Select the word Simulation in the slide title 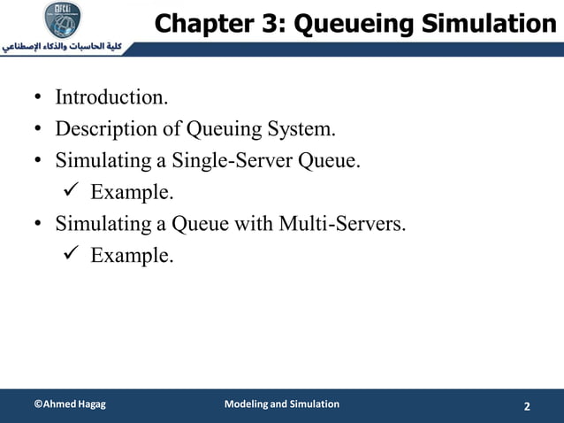coord(484,24)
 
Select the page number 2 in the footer coord(527,406)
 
